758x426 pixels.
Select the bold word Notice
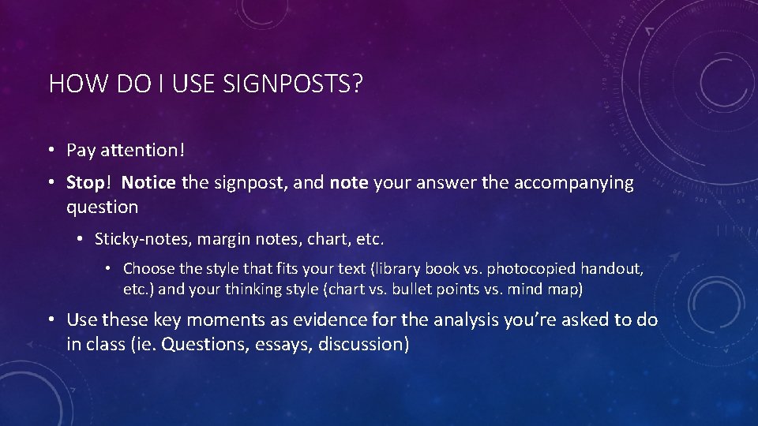149,183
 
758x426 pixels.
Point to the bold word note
349,183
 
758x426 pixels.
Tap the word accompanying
574,183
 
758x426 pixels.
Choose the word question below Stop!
103,207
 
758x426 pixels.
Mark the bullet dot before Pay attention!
51,150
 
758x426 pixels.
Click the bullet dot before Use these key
51,319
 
